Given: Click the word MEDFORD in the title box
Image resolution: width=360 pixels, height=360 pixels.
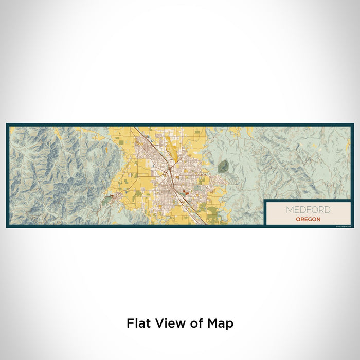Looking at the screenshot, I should point(308,210).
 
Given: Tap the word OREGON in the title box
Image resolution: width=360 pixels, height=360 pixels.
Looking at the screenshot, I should point(308,219).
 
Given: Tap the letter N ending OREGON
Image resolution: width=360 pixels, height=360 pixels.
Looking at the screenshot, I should point(319,219).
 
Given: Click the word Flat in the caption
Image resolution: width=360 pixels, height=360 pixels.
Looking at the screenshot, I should point(138,323).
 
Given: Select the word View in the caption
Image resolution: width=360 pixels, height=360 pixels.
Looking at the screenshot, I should point(169,323).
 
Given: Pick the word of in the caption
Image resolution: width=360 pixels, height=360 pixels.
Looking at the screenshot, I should point(196,323).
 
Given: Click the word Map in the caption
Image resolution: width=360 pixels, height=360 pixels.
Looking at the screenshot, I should point(221,323).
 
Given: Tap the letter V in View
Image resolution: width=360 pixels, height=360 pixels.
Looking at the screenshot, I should point(159,323).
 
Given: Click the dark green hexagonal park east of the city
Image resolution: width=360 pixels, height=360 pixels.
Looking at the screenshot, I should point(223,166).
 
